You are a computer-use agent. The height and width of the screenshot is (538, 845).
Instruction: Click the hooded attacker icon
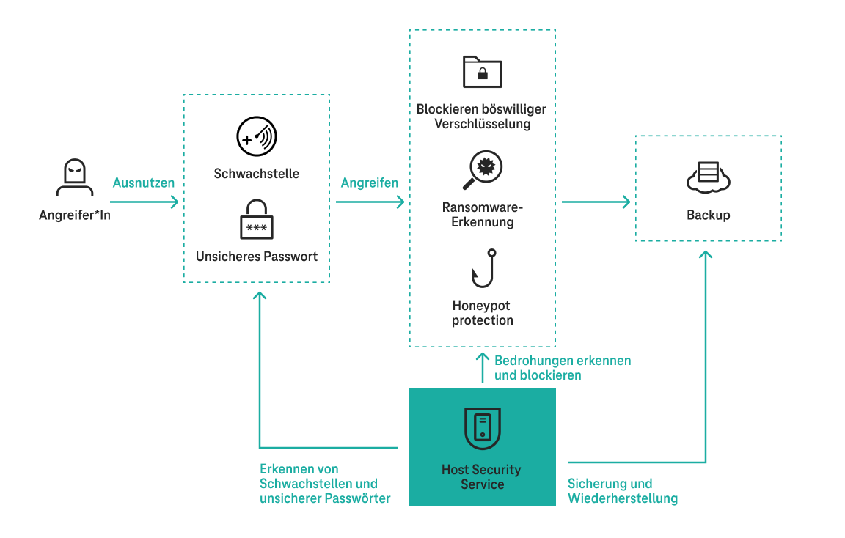click(x=74, y=179)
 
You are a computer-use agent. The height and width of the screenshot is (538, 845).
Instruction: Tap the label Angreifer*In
click(x=74, y=215)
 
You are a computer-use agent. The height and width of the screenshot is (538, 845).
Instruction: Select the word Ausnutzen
click(x=144, y=183)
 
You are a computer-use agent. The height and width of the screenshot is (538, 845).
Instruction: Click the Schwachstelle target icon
click(x=256, y=137)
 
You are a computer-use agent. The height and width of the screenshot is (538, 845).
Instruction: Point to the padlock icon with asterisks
click(x=256, y=219)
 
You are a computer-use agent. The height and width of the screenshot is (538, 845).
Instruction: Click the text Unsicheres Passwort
click(x=256, y=257)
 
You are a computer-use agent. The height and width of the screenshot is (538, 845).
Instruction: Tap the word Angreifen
click(x=370, y=183)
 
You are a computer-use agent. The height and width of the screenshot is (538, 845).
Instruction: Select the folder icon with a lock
click(x=482, y=71)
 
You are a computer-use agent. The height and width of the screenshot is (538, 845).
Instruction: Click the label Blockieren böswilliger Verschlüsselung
click(x=482, y=117)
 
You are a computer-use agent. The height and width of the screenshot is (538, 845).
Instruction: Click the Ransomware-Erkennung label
click(x=482, y=215)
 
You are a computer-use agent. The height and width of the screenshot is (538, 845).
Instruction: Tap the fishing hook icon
click(x=483, y=268)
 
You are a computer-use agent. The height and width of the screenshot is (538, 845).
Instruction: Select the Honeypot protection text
click(x=482, y=313)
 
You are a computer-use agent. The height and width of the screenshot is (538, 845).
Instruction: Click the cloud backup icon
click(x=708, y=177)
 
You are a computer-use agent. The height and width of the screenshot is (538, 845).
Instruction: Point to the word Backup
click(x=708, y=215)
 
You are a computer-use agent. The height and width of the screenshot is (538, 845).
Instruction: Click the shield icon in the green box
click(x=482, y=428)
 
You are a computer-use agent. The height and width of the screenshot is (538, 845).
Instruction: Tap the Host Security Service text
click(x=482, y=477)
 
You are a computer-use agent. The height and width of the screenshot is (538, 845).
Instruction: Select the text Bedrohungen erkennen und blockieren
click(x=562, y=368)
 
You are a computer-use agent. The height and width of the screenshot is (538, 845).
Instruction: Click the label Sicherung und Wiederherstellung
click(x=622, y=491)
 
